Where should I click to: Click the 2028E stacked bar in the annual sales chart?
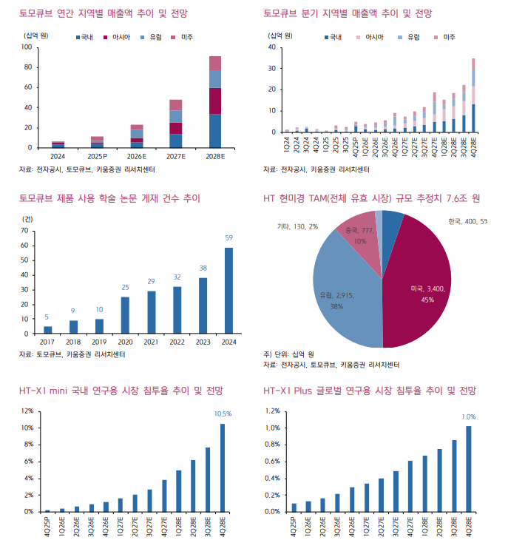click(x=215, y=103)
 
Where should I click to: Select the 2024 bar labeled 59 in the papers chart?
click(x=228, y=290)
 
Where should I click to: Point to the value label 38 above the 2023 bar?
click(x=203, y=269)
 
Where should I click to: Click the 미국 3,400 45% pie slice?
click(x=418, y=288)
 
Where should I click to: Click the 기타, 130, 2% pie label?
click(x=296, y=226)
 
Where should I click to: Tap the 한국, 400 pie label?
click(x=467, y=221)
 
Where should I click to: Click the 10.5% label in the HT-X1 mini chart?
click(x=222, y=414)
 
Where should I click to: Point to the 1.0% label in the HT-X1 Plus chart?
click(x=468, y=416)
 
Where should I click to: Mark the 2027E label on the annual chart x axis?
click(x=175, y=157)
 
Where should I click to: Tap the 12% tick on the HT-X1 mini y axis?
click(x=26, y=411)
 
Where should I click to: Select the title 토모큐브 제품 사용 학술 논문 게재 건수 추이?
click(x=109, y=198)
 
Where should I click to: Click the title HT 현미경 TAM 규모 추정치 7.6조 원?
click(x=372, y=198)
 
